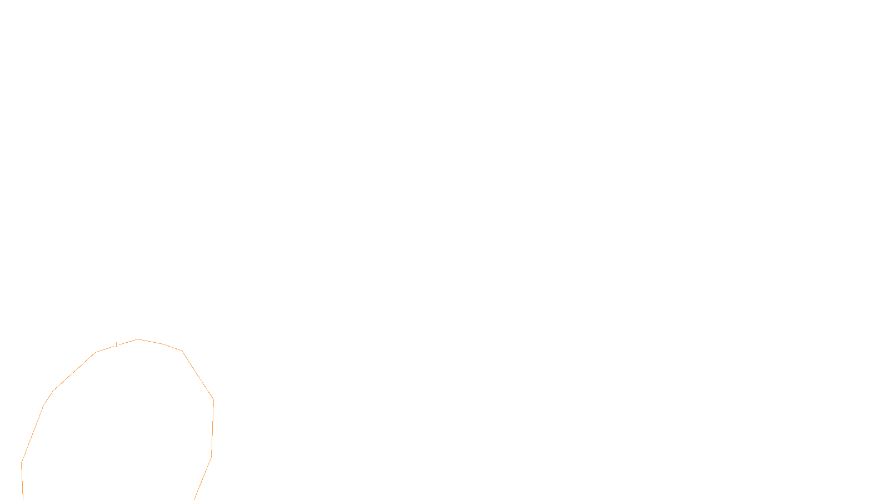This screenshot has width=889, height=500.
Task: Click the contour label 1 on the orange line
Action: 116,345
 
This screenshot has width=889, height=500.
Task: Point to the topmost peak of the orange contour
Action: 138,339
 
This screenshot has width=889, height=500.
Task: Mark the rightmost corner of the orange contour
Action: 213,400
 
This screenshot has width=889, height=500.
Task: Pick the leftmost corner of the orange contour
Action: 22,462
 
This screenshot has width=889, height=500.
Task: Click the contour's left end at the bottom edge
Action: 23,498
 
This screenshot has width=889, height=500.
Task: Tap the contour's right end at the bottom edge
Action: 194,498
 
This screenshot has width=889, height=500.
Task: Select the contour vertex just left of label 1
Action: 96,352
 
